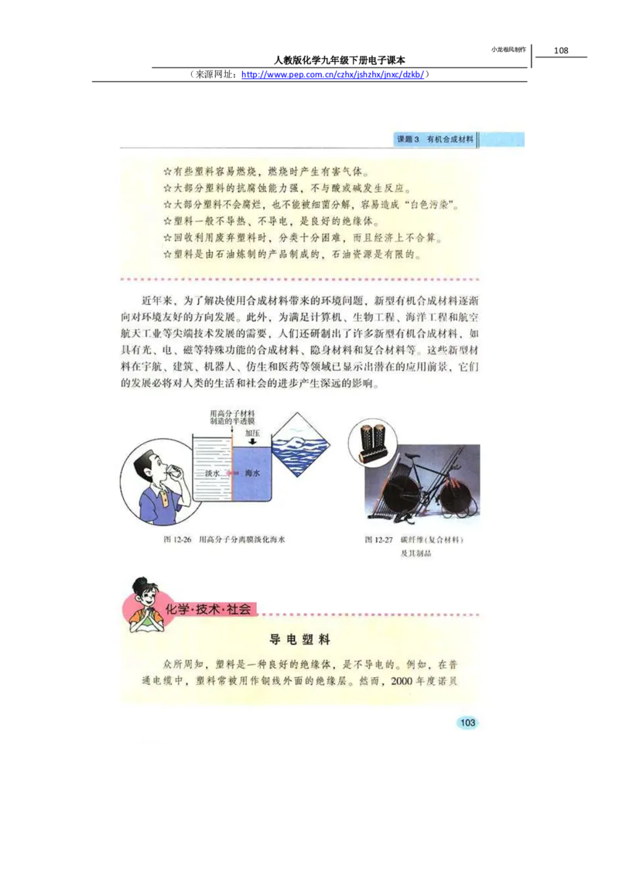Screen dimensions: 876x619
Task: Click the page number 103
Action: point(467,722)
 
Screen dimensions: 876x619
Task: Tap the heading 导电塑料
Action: point(299,640)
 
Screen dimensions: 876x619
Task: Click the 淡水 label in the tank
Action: point(212,471)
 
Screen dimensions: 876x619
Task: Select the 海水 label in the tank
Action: point(251,471)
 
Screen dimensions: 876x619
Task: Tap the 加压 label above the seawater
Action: point(252,433)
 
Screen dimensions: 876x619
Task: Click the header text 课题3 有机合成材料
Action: point(434,139)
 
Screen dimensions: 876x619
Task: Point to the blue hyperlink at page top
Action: point(333,75)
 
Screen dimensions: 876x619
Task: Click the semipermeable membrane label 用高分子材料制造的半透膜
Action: point(232,419)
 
